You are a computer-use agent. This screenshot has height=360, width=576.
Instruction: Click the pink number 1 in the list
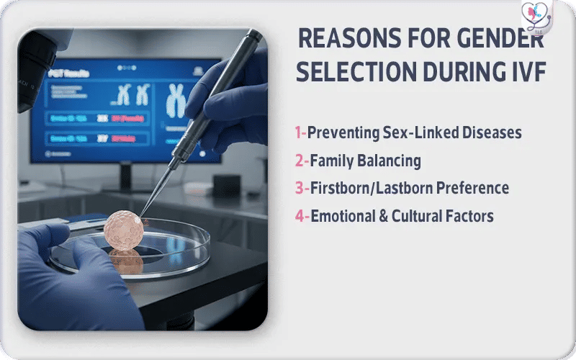297,132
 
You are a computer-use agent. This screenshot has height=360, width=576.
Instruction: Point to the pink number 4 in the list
298,215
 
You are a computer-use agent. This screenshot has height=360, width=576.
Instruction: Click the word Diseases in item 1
490,132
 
